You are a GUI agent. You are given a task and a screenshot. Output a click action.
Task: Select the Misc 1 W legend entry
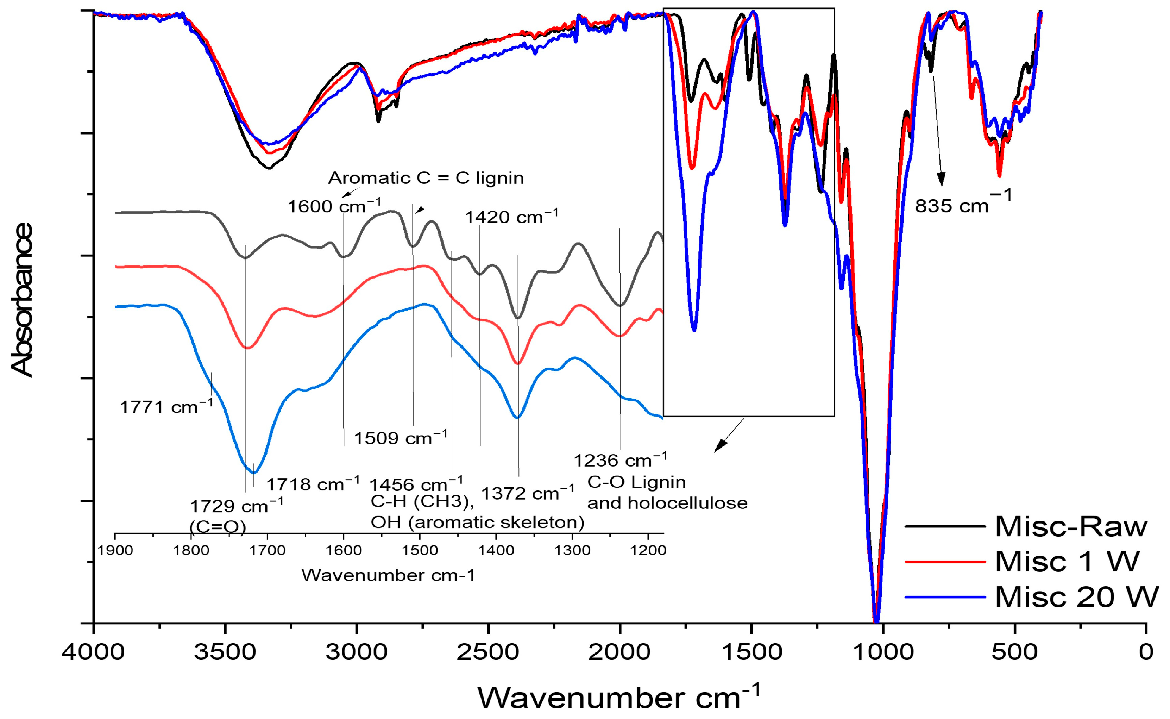point(1067,562)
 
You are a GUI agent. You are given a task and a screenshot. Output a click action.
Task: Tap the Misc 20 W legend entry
point(1076,597)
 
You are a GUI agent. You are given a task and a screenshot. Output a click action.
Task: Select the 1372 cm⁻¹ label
point(528,493)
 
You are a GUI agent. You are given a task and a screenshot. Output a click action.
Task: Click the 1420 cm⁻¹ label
point(511,216)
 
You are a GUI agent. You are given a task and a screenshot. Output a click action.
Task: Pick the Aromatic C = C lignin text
point(426,178)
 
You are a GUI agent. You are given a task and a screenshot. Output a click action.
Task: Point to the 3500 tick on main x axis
point(225,652)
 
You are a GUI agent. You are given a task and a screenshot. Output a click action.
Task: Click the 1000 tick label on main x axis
point(883,652)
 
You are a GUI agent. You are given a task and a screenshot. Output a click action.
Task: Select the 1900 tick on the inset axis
point(115,551)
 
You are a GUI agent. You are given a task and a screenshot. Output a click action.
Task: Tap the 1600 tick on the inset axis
point(344,551)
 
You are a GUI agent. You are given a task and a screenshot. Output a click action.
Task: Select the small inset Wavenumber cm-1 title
point(388,575)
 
